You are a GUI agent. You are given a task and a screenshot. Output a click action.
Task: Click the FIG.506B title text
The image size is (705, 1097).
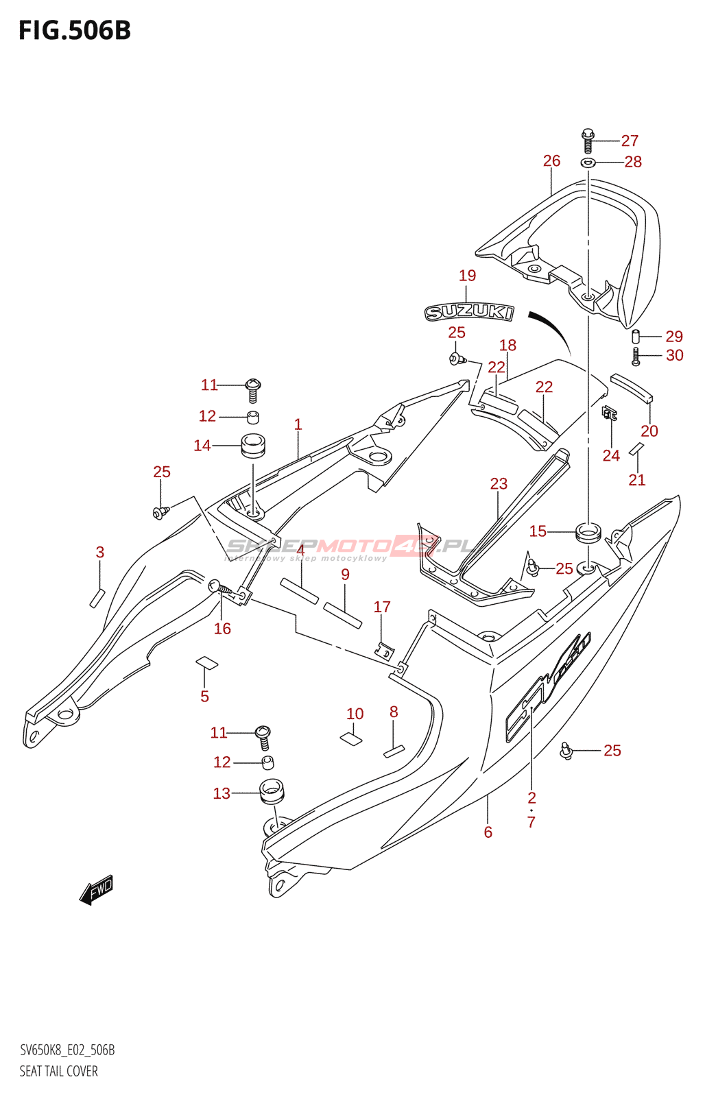(x=75, y=31)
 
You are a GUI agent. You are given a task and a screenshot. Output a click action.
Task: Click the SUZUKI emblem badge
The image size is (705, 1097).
(x=469, y=313)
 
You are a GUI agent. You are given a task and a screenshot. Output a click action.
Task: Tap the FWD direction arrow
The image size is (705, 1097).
(x=97, y=889)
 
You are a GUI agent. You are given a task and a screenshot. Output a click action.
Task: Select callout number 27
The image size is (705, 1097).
(x=630, y=141)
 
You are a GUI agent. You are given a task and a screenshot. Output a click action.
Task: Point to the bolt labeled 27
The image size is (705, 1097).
(x=588, y=141)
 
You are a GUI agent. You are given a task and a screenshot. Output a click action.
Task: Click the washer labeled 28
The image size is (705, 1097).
(x=588, y=162)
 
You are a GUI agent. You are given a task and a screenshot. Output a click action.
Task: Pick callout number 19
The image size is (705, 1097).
(x=467, y=276)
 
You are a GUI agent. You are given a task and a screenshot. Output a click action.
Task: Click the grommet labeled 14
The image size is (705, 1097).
(x=252, y=446)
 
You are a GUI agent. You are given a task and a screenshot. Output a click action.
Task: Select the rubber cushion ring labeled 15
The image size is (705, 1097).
(x=588, y=531)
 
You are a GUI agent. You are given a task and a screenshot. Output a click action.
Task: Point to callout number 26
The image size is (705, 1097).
(x=551, y=161)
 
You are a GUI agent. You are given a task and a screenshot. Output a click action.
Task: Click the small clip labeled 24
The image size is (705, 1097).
(x=609, y=413)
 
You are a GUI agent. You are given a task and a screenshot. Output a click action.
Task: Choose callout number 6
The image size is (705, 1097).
(x=488, y=832)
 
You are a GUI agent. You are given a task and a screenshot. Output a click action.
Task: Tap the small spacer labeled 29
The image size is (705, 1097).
(x=636, y=337)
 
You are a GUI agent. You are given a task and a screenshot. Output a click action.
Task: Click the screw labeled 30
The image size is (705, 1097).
(x=636, y=356)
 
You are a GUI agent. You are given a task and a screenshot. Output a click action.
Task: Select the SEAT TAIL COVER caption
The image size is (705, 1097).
(x=59, y=1071)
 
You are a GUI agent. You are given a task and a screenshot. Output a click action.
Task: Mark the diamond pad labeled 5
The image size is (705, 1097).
(x=206, y=662)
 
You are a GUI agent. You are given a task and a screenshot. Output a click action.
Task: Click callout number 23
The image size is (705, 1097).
(x=499, y=484)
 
